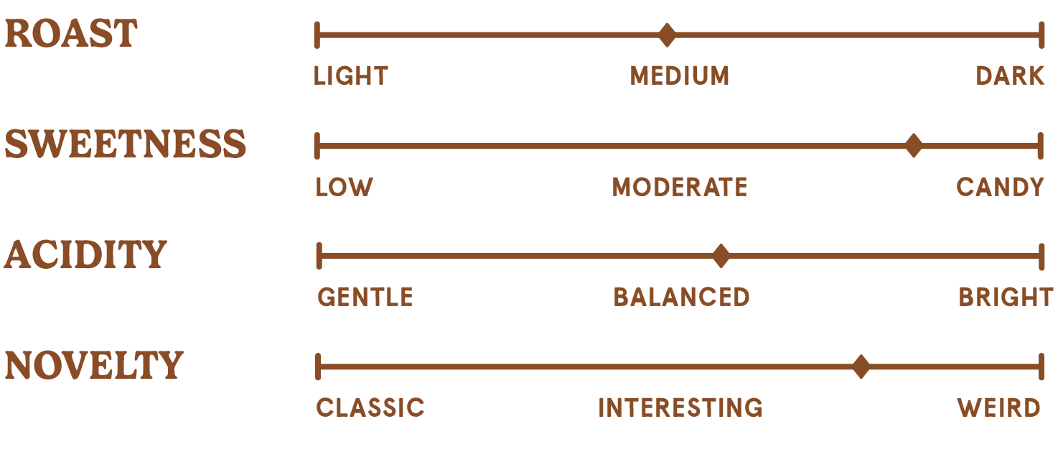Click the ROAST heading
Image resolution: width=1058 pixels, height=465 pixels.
click(70, 34)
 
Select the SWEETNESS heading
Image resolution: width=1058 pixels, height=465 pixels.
click(126, 144)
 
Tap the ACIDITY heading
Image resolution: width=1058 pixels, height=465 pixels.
click(85, 255)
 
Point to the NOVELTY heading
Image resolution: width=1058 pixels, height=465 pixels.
click(94, 365)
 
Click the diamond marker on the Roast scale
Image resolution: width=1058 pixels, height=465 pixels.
click(667, 34)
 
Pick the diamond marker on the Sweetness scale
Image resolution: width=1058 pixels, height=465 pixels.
click(913, 146)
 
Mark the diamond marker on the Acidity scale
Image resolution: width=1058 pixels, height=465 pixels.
click(721, 256)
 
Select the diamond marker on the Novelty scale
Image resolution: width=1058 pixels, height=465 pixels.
click(861, 367)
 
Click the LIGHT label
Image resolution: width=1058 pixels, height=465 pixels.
click(351, 75)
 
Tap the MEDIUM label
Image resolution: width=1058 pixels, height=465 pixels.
click(680, 75)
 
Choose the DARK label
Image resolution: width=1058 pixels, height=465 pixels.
click(1010, 75)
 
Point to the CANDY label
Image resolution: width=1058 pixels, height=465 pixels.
click(1000, 188)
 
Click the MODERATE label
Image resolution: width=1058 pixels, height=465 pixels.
click(680, 188)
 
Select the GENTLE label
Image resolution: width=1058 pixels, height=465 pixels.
click(365, 297)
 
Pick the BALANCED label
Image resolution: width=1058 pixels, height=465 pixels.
click(681, 297)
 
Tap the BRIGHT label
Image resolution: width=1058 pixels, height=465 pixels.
click(1006, 297)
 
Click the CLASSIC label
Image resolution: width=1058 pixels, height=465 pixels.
click(370, 408)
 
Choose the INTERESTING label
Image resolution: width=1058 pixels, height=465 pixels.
click(680, 408)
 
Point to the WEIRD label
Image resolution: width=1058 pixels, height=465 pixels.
click(998, 408)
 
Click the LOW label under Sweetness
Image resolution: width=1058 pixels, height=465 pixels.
click(345, 188)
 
